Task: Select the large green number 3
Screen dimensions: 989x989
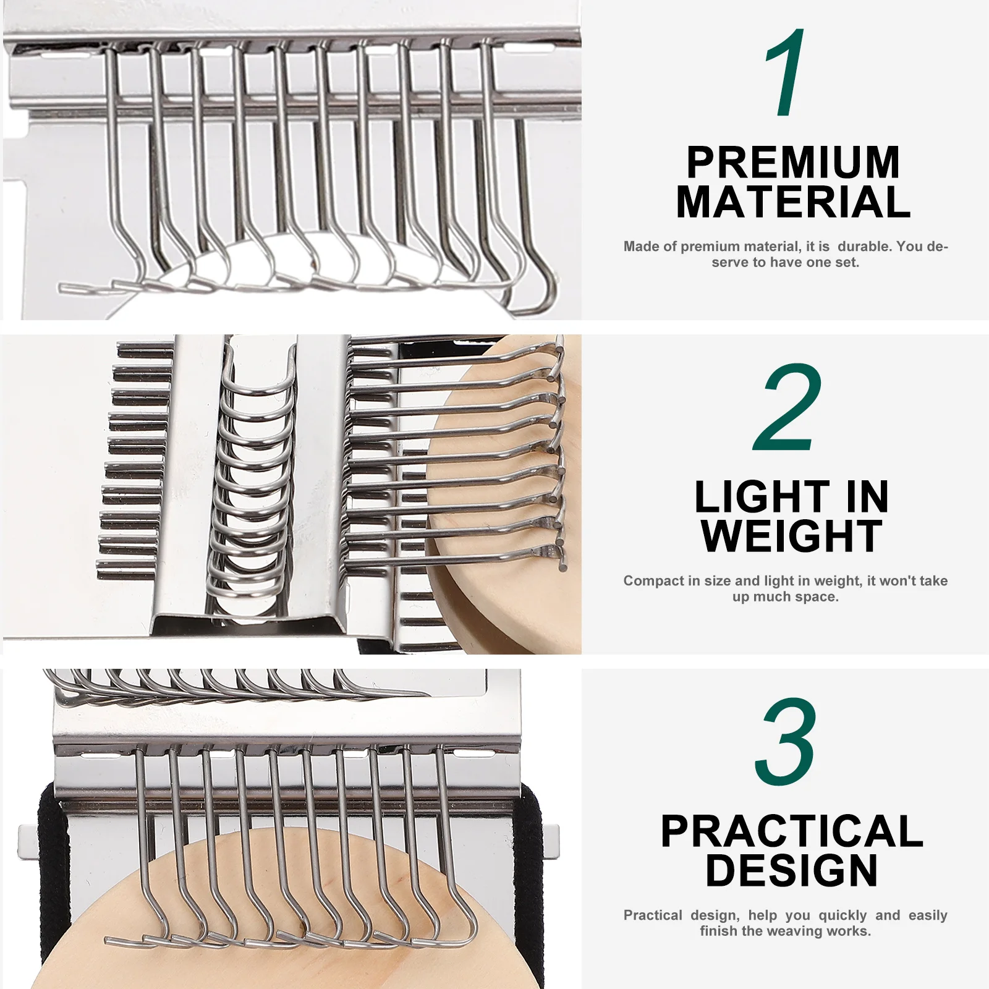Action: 786,742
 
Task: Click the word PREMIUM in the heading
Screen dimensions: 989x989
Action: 793,163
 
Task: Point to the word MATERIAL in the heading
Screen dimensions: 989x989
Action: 793,202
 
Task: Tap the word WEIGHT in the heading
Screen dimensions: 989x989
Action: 792,536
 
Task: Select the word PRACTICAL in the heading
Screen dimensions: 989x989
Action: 792,831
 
